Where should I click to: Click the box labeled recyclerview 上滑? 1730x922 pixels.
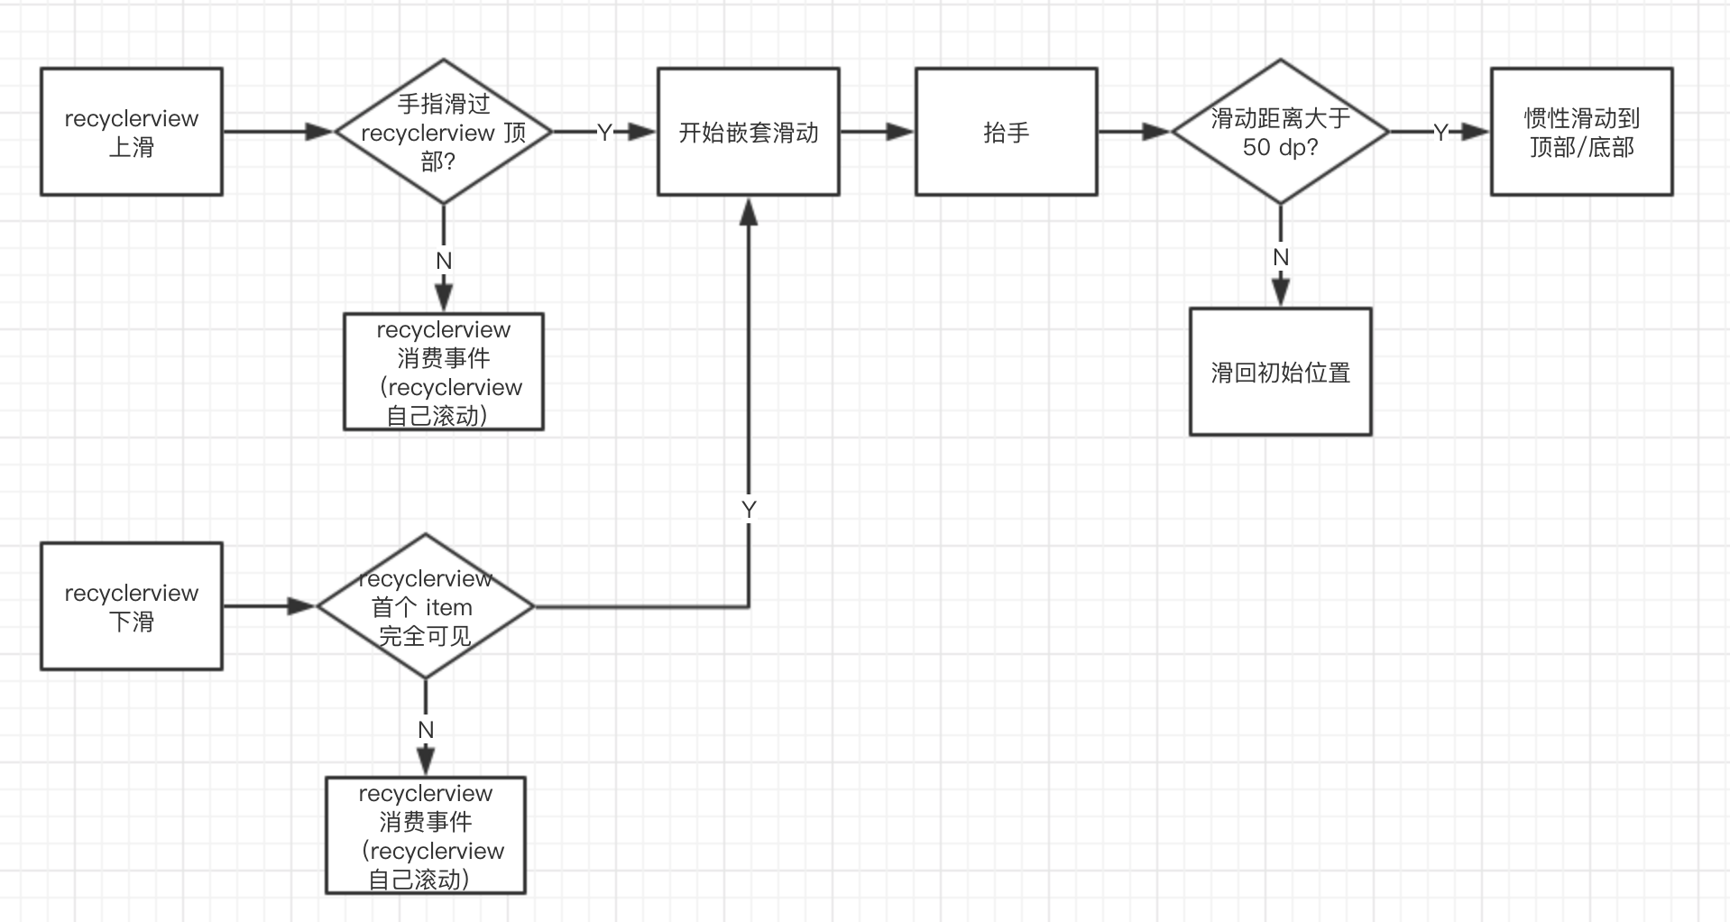pyautogui.click(x=132, y=132)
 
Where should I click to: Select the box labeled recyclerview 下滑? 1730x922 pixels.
pyautogui.click(x=132, y=606)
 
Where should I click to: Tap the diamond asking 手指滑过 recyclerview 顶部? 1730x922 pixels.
pyautogui.click(x=443, y=132)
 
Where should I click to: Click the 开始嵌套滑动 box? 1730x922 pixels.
pyautogui.click(x=748, y=132)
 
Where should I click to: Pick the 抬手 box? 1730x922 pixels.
pyautogui.click(x=1006, y=132)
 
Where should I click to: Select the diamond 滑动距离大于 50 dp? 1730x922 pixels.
pyautogui.click(x=1280, y=132)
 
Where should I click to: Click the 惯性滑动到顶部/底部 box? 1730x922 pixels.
pyautogui.click(x=1581, y=132)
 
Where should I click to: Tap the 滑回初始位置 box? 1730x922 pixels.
pyautogui.click(x=1280, y=372)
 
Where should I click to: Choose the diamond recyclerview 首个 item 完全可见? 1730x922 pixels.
pyautogui.click(x=425, y=606)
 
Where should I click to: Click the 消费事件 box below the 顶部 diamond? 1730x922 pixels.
pyautogui.click(x=443, y=372)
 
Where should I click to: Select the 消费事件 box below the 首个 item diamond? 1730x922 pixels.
pyautogui.click(x=425, y=835)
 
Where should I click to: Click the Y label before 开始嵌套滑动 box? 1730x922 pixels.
pyautogui.click(x=604, y=133)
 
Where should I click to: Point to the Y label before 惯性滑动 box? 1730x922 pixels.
pyautogui.click(x=1440, y=133)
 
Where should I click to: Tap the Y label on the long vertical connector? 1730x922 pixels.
pyautogui.click(x=749, y=510)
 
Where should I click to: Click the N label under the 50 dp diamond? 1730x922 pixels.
pyautogui.click(x=1280, y=258)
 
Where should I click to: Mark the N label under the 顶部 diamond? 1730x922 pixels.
pyautogui.click(x=443, y=261)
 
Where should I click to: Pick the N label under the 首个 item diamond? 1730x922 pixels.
pyautogui.click(x=426, y=730)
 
